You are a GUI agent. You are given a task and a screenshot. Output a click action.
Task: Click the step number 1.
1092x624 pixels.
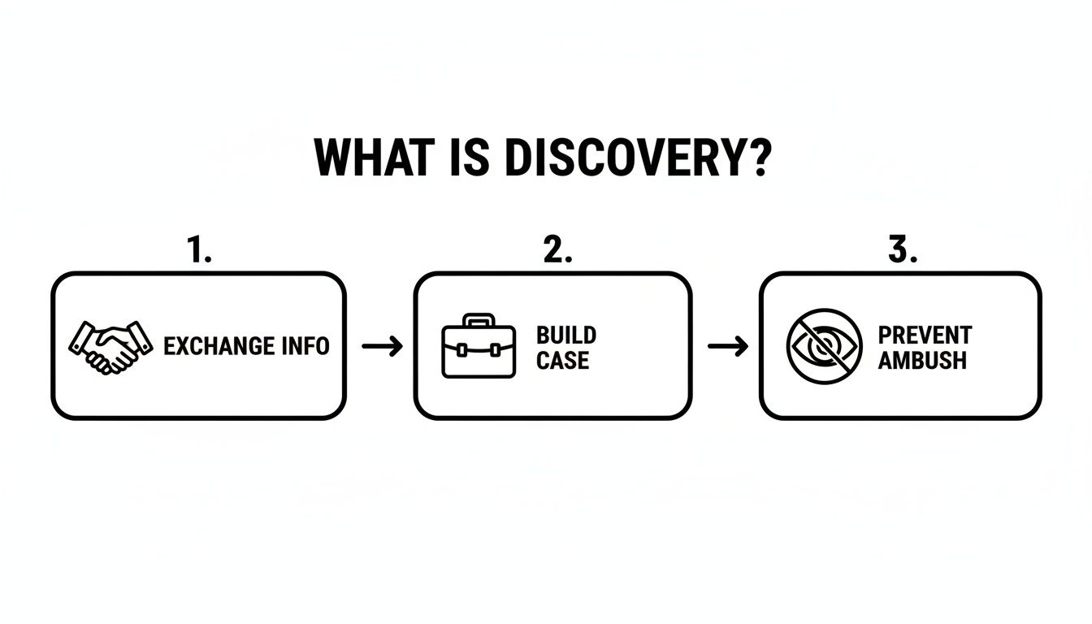[x=199, y=251]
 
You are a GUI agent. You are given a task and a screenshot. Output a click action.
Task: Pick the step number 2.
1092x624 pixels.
[x=557, y=251]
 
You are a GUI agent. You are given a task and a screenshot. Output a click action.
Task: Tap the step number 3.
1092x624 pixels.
[x=901, y=251]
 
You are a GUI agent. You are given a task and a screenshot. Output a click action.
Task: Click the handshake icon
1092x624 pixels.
[x=111, y=347]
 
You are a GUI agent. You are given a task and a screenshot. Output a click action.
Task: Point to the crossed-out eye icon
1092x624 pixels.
[x=824, y=345]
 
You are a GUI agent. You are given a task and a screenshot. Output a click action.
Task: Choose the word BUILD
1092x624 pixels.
[x=566, y=335]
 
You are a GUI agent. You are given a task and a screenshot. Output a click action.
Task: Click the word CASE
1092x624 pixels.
[x=562, y=360]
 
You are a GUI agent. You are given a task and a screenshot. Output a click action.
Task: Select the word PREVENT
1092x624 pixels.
[x=925, y=335]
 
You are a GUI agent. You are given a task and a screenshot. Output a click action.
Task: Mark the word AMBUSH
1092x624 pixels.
[x=922, y=360]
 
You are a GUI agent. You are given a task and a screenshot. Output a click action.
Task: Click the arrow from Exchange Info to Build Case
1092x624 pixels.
[x=382, y=347]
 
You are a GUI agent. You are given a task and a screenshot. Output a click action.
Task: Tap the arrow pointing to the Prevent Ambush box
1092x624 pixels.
[x=728, y=347]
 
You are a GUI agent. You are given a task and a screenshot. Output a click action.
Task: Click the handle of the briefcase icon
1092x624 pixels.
[x=479, y=319]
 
